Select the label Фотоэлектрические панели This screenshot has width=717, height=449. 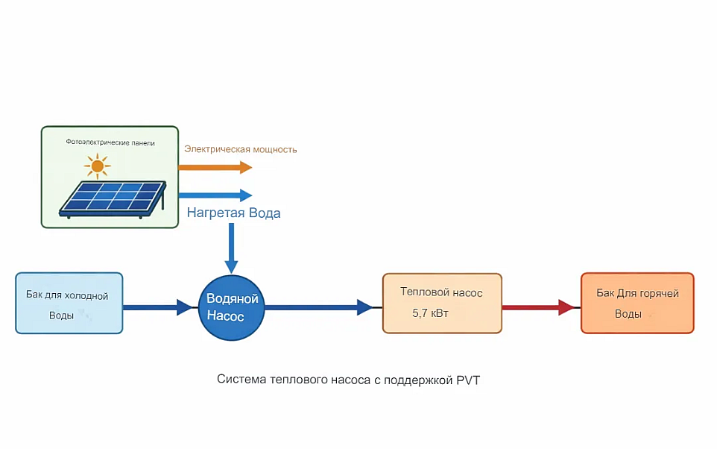tap(110, 142)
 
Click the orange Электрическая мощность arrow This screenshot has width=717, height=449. tap(215, 167)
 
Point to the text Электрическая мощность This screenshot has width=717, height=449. tap(241, 149)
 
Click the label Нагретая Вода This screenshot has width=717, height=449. tap(233, 213)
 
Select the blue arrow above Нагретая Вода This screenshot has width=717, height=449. tap(215, 195)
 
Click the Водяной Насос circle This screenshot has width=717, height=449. tap(232, 307)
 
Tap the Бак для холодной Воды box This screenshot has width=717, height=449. tap(69, 303)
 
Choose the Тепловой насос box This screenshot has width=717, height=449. tap(442, 303)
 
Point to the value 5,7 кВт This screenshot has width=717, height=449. tap(431, 314)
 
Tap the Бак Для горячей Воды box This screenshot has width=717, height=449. tap(637, 303)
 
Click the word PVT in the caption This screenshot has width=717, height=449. tap(467, 380)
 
